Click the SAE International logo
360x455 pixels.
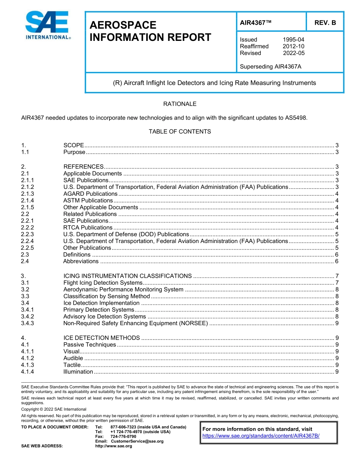47,25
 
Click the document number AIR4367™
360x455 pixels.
256,23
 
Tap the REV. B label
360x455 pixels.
325,23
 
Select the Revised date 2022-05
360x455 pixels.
293,53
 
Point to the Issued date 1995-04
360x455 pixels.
293,39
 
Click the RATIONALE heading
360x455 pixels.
180,104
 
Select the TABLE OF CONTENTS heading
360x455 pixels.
180,131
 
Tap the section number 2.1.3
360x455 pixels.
28,193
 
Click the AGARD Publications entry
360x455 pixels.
90,193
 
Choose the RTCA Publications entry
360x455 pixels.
88,227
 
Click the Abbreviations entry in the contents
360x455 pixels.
81,261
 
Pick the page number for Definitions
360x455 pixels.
337,255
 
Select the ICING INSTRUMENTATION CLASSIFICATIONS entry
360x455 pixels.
127,276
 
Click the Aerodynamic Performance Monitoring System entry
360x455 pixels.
123,290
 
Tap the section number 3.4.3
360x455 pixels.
28,323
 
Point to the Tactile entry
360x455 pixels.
72,365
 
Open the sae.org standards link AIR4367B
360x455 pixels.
261,435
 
